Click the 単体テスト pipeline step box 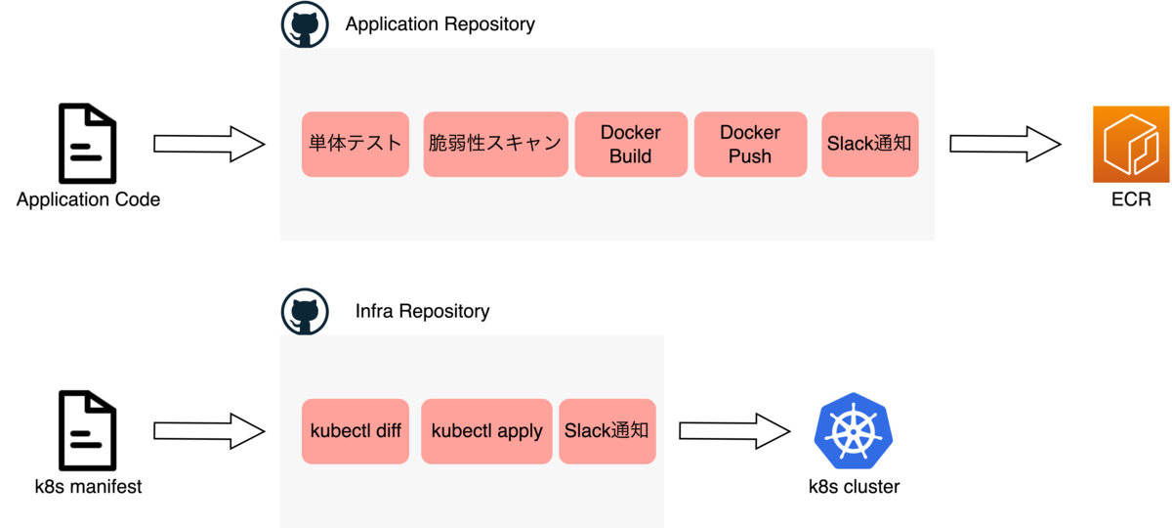coord(354,144)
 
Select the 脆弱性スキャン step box coord(495,144)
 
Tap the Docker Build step coord(630,144)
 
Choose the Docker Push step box coord(750,144)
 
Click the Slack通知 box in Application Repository coord(869,144)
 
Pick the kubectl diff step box coord(356,431)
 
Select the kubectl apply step coord(486,431)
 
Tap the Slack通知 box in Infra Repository coord(607,431)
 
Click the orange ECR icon coord(1131,144)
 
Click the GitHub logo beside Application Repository coord(305,24)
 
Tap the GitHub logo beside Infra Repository coord(305,312)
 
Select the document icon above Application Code coord(87,144)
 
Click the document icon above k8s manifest coord(87,430)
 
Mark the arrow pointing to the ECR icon coord(1005,144)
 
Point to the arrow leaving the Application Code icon coord(209,144)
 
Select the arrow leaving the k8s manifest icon coord(209,431)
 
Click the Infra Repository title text coord(422,312)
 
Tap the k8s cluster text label coord(854,486)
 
